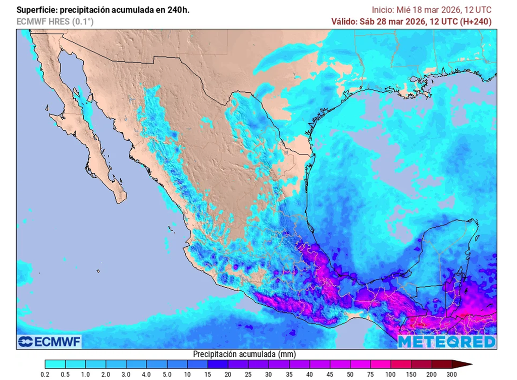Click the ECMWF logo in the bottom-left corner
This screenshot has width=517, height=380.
click(49, 342)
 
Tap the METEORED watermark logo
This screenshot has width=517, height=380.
click(446, 342)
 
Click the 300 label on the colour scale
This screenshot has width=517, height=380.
click(452, 374)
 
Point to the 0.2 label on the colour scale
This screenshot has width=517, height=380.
click(45, 374)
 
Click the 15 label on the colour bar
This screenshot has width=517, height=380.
click(208, 374)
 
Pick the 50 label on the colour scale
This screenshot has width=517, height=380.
click(350, 374)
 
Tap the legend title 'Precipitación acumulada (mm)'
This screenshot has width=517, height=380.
click(244, 354)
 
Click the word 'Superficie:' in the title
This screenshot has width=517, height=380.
click(36, 10)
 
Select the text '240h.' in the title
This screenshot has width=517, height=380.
click(178, 10)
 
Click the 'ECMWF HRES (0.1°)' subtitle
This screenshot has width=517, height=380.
click(55, 22)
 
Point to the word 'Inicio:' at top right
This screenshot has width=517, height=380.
click(383, 10)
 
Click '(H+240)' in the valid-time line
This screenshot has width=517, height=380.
click(475, 22)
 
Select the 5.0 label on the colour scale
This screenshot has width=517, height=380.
click(167, 374)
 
